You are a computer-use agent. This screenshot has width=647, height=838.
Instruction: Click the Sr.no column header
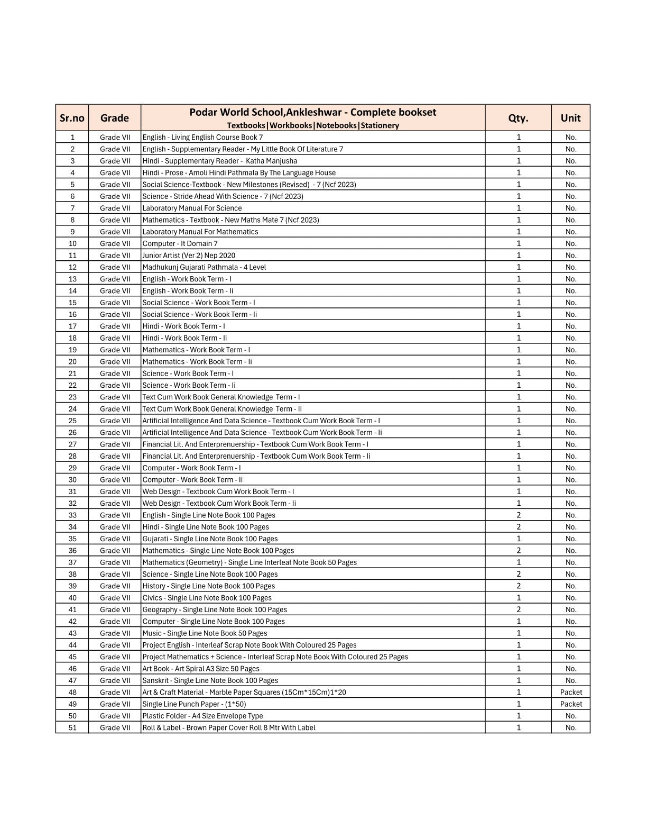[72, 118]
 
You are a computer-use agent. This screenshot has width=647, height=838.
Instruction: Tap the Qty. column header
[518, 118]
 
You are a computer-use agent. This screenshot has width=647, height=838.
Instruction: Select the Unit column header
[570, 118]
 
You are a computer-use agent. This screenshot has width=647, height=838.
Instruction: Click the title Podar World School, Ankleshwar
[313, 112]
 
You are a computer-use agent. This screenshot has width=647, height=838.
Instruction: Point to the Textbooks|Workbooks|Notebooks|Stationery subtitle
[313, 125]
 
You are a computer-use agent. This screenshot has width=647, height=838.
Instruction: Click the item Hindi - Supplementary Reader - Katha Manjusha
[220, 161]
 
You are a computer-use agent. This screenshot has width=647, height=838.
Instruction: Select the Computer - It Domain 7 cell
[180, 243]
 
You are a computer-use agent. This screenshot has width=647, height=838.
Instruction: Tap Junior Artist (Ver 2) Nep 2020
[189, 256]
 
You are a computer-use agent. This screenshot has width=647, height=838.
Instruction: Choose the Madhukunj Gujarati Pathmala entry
[204, 267]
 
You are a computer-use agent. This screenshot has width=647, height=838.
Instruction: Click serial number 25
[72, 421]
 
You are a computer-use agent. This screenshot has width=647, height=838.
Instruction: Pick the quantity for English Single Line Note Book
[519, 515]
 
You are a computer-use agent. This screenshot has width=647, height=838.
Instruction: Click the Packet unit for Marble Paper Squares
[571, 692]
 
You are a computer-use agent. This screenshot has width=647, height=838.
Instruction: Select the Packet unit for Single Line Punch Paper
[571, 704]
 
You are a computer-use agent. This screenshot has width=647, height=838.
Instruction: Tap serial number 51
[72, 727]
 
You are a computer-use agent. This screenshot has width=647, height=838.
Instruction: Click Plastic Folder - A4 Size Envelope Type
[202, 716]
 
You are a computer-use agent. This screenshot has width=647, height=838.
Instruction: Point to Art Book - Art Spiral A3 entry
[201, 669]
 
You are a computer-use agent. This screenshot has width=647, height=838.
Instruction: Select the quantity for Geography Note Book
[519, 609]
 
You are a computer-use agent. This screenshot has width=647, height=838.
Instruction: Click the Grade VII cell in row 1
[115, 137]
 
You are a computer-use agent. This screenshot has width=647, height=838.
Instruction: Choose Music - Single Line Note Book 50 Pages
[205, 633]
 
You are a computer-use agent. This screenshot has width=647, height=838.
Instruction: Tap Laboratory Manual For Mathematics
[200, 232]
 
